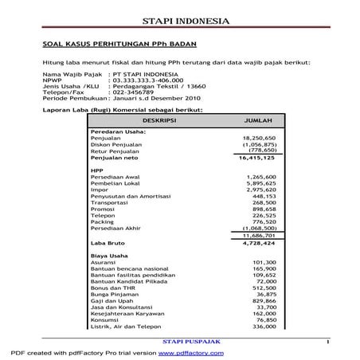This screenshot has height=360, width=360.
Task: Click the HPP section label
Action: point(98,170)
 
